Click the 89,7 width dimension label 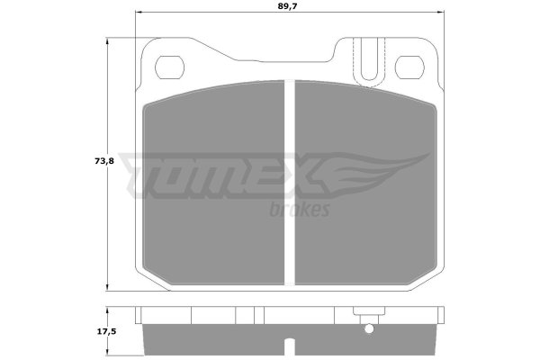(287, 6)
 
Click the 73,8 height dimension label (104, 161)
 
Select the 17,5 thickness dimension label (107, 332)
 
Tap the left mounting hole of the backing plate (169, 67)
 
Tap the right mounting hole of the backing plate (409, 67)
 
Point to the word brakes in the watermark (300, 210)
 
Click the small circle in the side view (369, 329)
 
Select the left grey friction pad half (213, 183)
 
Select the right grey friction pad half (365, 183)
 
